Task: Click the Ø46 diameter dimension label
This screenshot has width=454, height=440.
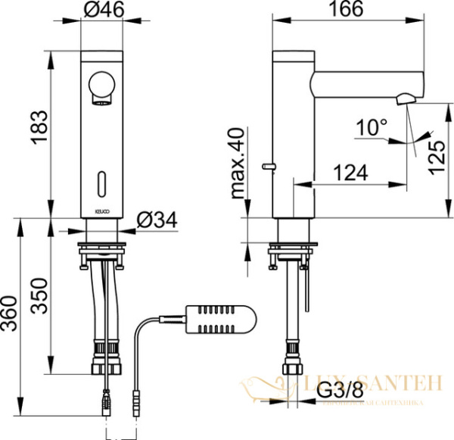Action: click(103, 11)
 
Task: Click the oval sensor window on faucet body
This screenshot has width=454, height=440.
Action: click(101, 183)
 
